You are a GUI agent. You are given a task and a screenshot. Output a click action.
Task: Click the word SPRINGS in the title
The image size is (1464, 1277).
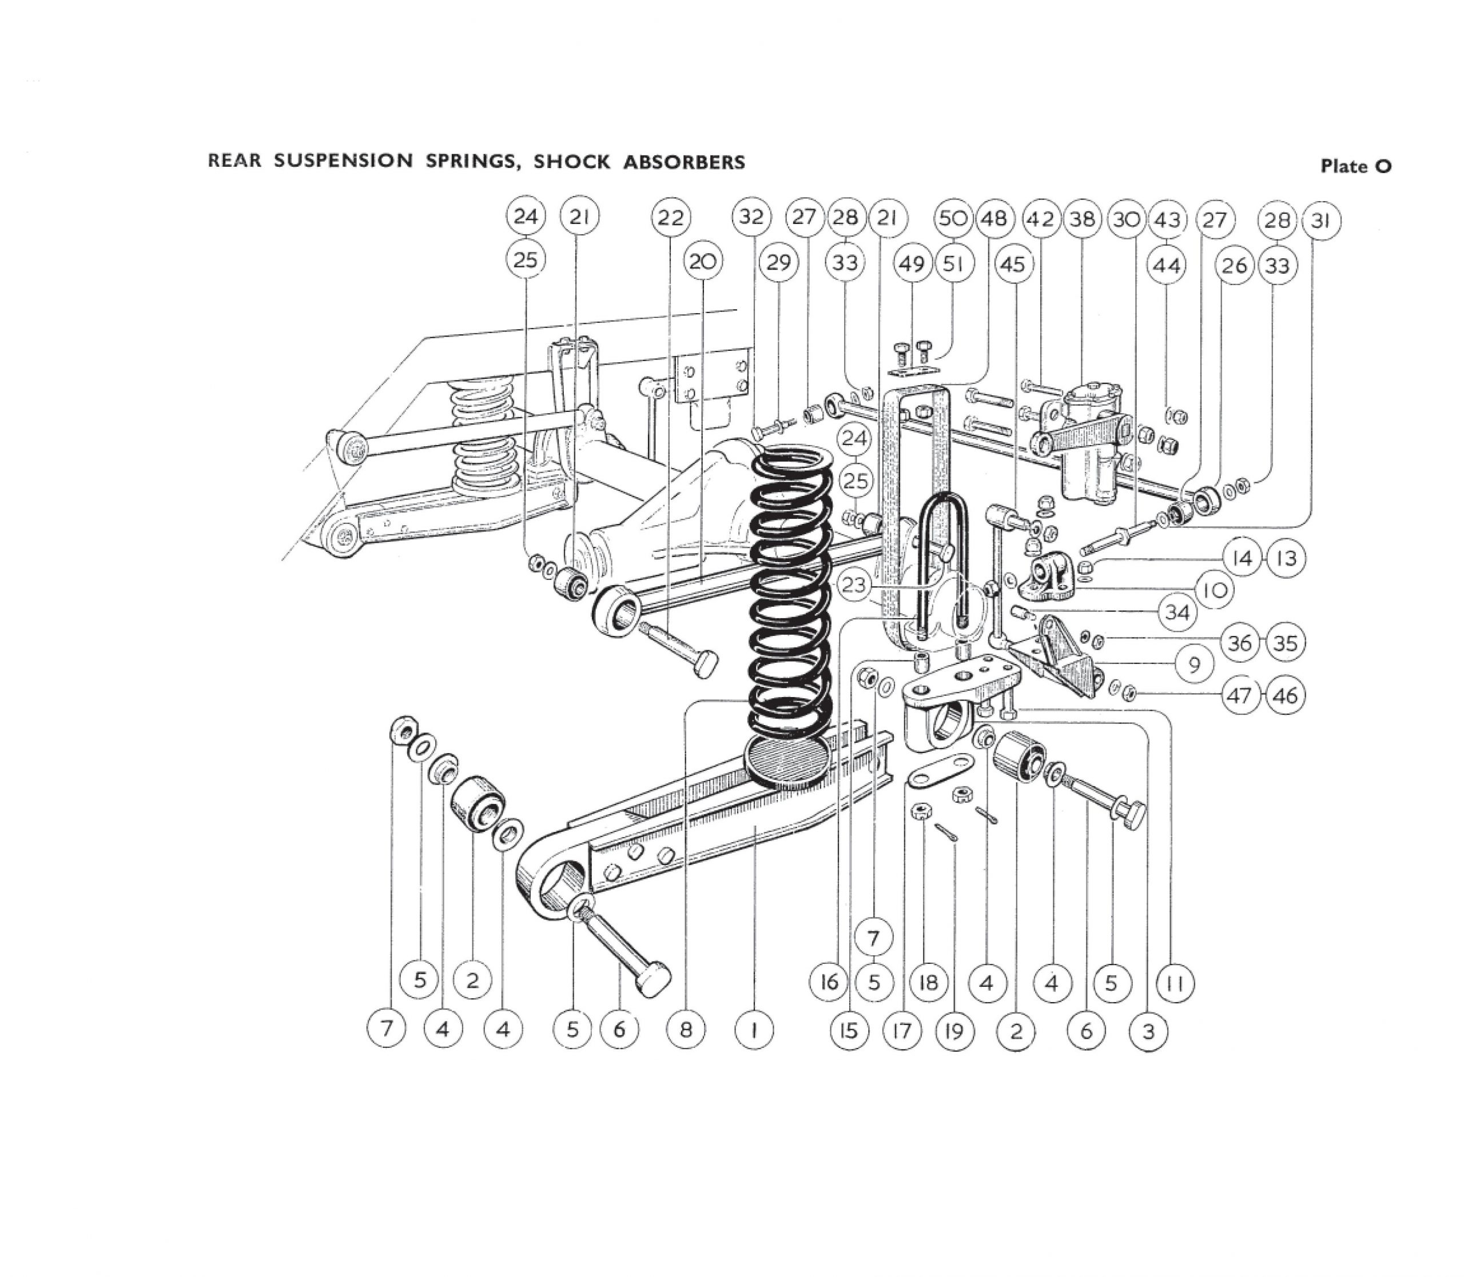(x=468, y=161)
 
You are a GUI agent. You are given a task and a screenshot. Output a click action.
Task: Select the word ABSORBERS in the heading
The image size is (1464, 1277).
(x=685, y=162)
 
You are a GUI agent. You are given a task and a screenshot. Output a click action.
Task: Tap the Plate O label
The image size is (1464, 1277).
(x=1355, y=166)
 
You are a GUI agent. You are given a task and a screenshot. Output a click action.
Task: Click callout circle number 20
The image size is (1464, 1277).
(x=703, y=262)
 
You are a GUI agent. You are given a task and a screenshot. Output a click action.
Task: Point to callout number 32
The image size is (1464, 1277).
(x=751, y=217)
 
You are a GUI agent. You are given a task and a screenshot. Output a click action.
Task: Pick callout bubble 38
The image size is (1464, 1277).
(x=1083, y=219)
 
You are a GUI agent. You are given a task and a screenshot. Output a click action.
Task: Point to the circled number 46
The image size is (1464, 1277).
(x=1286, y=695)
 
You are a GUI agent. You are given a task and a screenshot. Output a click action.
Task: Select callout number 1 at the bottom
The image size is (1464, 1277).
(x=753, y=1030)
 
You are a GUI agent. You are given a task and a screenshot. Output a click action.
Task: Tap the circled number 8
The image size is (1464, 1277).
(x=685, y=1030)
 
